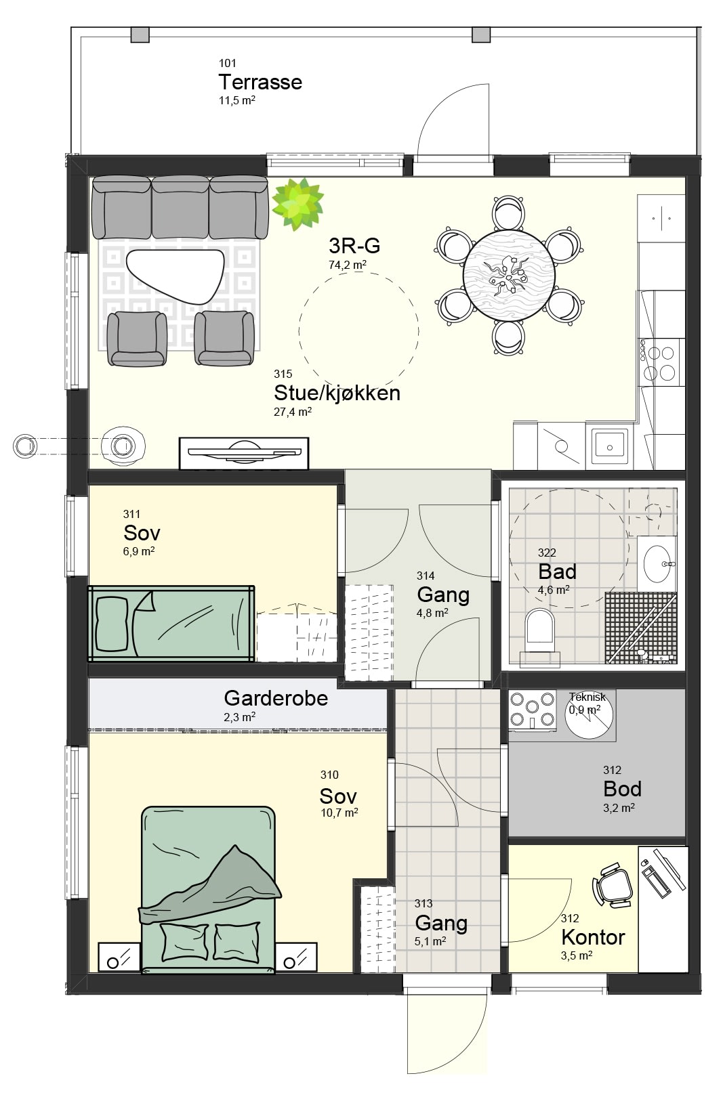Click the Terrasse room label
[260, 82]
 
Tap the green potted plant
[298, 204]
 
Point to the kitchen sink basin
[610, 446]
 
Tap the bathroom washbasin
[657, 563]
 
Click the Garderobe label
[276, 697]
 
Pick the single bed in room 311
[171, 624]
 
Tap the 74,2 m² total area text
[348, 265]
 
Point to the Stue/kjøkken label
[337, 393]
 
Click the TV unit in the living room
[244, 453]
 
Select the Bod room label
[623, 788]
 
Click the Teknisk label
[587, 697]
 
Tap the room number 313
[424, 903]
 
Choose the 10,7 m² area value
[339, 813]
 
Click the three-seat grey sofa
[180, 207]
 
